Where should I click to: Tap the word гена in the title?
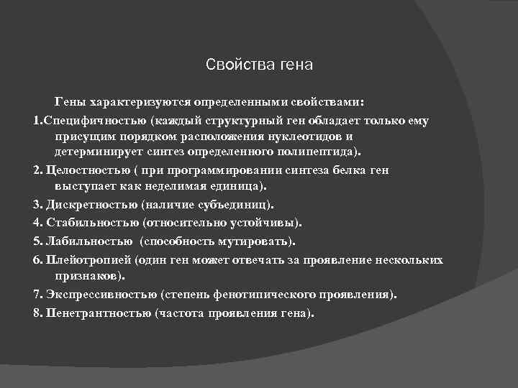(x=296, y=65)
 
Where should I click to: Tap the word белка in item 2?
(x=349, y=170)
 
